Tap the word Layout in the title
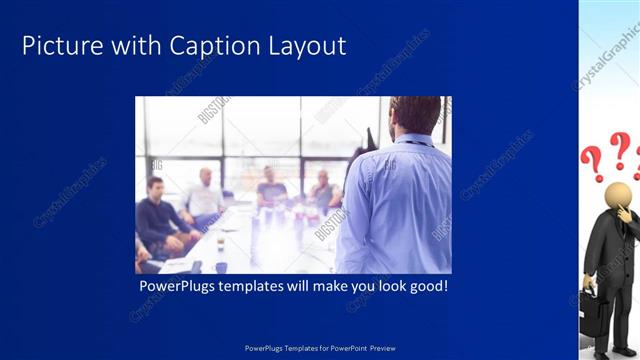click(308, 46)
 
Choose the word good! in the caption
click(427, 287)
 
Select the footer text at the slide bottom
click(320, 347)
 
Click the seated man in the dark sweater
click(158, 215)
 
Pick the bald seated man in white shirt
click(204, 196)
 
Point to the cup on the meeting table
click(220, 244)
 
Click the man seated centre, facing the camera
click(271, 187)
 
